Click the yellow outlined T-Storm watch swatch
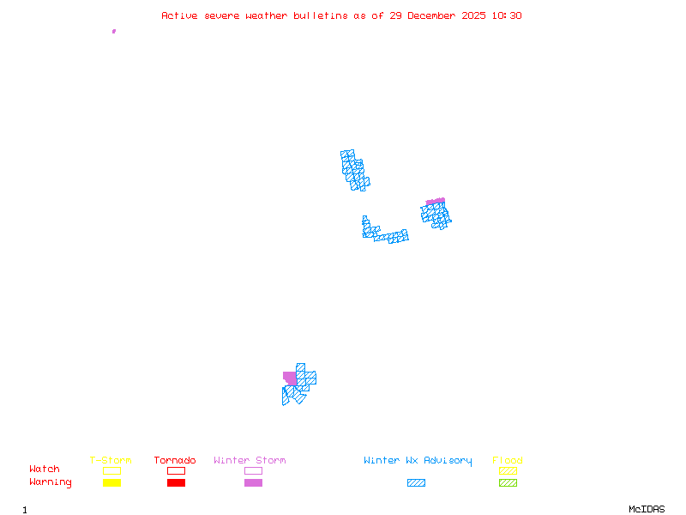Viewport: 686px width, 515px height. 111,470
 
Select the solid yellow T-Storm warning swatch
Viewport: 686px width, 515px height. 111,483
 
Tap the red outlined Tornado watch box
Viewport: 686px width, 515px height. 176,470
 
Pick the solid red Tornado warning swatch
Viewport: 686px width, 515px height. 176,483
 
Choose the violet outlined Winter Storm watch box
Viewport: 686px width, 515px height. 253,470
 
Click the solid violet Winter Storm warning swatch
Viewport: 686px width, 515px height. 253,483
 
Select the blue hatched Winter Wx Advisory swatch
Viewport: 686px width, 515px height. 416,483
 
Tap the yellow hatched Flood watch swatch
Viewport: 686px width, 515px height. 508,470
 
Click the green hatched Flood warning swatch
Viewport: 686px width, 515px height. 508,483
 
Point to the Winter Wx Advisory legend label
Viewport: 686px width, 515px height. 418,461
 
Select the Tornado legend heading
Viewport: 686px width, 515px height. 175,461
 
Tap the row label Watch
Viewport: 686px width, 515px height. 45,470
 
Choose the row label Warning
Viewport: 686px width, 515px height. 51,482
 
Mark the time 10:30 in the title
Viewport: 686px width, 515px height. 505,15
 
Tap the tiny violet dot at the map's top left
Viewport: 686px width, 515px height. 114,31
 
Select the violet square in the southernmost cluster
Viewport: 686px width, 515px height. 290,379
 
